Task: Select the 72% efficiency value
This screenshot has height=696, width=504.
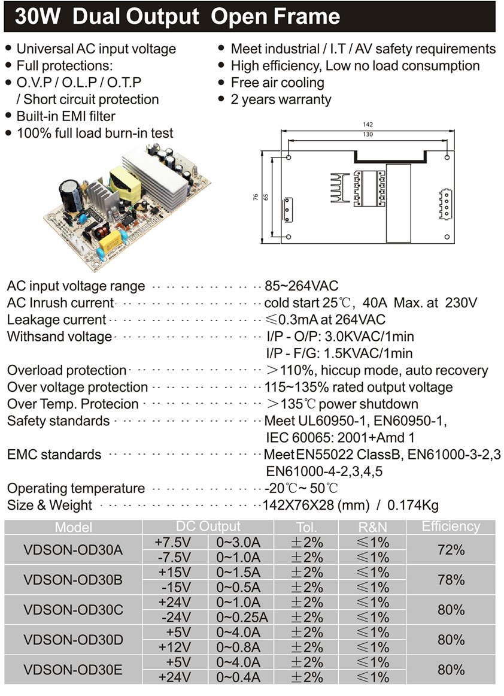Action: (x=451, y=549)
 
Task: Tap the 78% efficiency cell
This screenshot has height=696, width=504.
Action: (x=451, y=580)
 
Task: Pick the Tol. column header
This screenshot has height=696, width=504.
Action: (x=306, y=527)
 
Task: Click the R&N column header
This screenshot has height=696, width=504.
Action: (x=372, y=527)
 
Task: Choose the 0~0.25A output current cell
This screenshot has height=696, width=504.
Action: (x=242, y=618)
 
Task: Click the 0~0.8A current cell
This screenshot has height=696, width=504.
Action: (x=238, y=647)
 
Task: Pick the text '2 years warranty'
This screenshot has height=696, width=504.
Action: (x=281, y=99)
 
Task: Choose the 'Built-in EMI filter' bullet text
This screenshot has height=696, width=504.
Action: (x=66, y=116)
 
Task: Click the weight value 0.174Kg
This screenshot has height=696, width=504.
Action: (x=413, y=505)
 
